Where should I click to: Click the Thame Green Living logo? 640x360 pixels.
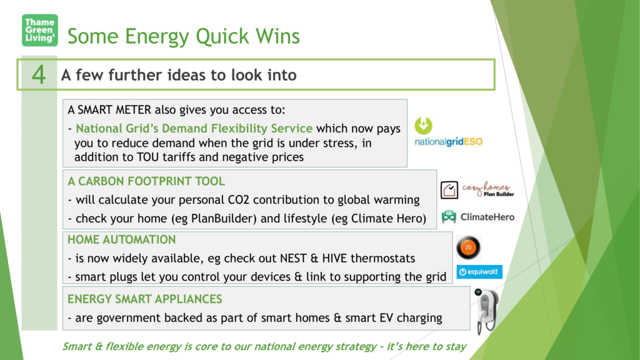(x=39, y=30)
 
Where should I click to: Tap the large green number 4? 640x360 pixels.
(x=39, y=75)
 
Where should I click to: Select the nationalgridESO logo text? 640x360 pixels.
(x=449, y=142)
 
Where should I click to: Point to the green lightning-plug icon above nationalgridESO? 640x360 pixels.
(x=423, y=126)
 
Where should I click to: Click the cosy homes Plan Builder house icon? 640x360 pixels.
(x=449, y=190)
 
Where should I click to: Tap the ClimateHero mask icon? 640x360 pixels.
(x=449, y=217)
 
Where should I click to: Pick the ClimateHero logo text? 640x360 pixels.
(x=487, y=217)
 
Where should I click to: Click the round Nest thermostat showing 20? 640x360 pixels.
(x=468, y=247)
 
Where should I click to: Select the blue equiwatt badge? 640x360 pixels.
(x=479, y=272)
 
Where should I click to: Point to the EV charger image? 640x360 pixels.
(x=486, y=311)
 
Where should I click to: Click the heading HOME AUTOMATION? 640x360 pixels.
(x=122, y=239)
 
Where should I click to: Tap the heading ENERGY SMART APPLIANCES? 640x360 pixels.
(x=145, y=299)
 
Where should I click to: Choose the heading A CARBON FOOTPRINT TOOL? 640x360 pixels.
(x=146, y=181)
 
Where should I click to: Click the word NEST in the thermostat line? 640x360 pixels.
(x=293, y=258)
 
